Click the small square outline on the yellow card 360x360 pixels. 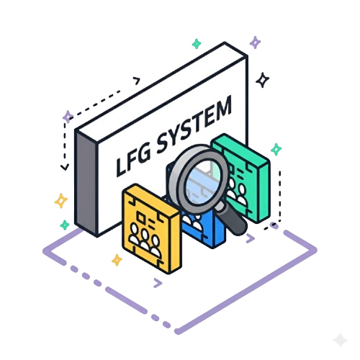[141, 218]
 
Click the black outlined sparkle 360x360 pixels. [263, 80]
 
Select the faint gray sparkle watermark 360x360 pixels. [341, 340]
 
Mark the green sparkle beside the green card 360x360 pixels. [276, 149]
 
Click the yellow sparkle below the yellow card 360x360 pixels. [117, 260]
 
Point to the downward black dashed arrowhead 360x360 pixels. [65, 167]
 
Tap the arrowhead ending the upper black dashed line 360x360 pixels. [137, 81]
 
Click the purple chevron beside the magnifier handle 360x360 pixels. [251, 238]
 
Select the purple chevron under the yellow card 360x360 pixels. [158, 283]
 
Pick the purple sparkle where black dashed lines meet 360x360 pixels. [68, 117]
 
